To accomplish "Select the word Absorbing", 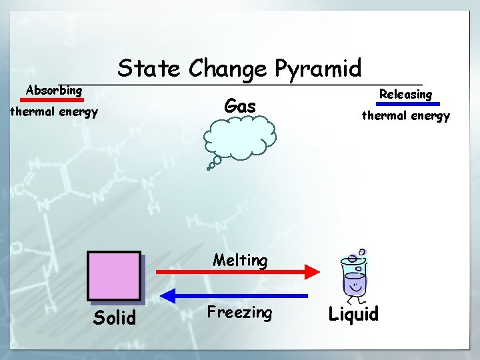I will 54,89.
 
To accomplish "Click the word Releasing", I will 405,94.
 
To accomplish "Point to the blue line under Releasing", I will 408,104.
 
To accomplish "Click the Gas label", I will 240,105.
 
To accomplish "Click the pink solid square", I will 114,275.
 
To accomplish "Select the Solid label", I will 115,317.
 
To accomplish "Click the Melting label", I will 240,260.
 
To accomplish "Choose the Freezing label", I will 239,312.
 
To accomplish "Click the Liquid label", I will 353,314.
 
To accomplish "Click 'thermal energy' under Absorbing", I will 54,111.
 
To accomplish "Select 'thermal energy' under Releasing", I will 405,115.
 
